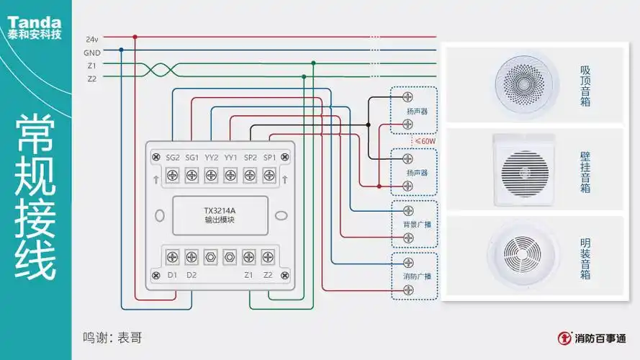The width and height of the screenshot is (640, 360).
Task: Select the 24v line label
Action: click(91, 38)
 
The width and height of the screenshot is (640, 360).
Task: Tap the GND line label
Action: click(91, 52)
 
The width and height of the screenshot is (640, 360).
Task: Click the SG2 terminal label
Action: click(173, 157)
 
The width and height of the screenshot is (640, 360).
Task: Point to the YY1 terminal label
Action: click(230, 157)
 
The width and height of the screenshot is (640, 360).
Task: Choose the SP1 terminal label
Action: click(269, 157)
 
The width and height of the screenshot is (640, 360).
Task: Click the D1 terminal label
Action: click(173, 274)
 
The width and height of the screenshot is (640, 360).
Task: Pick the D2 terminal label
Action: click(192, 274)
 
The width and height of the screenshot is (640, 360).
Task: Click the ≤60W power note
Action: click(425, 142)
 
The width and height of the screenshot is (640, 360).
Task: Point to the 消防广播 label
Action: click(415, 276)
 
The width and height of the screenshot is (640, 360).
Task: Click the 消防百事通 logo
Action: click(592, 337)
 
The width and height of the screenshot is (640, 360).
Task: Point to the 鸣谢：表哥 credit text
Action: click(112, 336)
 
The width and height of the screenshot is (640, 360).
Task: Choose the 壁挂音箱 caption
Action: click(585, 171)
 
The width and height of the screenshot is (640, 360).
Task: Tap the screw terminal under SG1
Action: click(192, 175)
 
